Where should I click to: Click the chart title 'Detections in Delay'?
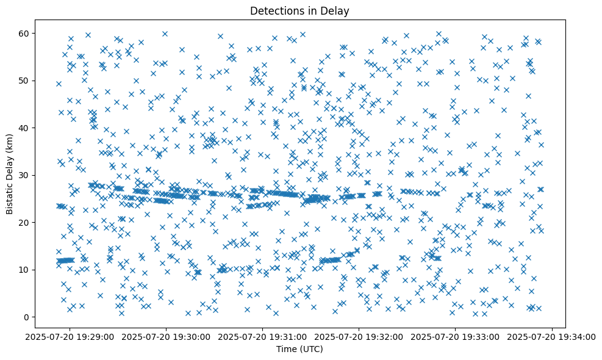300,10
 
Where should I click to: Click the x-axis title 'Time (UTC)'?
300,350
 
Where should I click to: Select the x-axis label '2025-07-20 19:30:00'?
167,337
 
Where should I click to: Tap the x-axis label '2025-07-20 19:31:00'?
263,337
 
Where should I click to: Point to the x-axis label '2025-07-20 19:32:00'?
359,337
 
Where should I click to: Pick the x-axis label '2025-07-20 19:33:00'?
455,337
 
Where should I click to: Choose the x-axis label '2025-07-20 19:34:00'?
551,337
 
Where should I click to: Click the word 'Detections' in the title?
279,10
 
